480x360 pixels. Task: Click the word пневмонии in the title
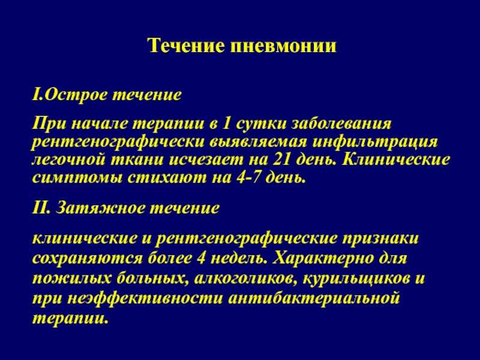283,46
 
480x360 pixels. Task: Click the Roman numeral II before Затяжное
41,208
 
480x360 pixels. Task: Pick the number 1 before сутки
226,124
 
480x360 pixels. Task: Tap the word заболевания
341,124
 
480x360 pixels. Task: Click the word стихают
167,178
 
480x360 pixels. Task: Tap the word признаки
380,239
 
